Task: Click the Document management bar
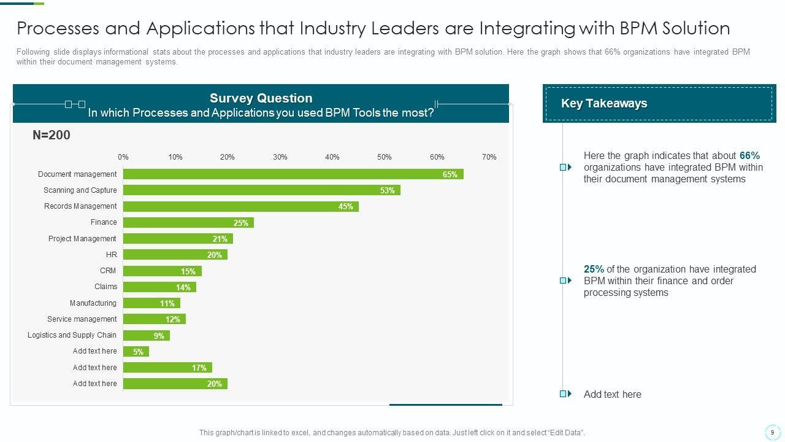point(293,174)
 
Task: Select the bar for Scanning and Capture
point(261,190)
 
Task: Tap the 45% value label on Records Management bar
point(346,207)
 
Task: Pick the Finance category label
point(104,222)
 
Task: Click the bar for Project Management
point(178,239)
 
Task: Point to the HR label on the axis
point(111,254)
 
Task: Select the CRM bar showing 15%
point(162,271)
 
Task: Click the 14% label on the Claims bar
point(183,287)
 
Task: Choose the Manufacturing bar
point(151,303)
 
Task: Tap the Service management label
point(82,319)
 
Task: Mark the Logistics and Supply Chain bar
point(146,336)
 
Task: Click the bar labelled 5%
point(136,352)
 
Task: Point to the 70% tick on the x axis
point(489,157)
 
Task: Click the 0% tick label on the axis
point(123,157)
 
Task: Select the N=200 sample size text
point(52,135)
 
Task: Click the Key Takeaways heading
point(604,104)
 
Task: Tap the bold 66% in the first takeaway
point(749,156)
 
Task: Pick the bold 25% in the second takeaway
point(594,269)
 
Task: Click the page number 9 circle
point(772,432)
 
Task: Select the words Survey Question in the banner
point(261,98)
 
